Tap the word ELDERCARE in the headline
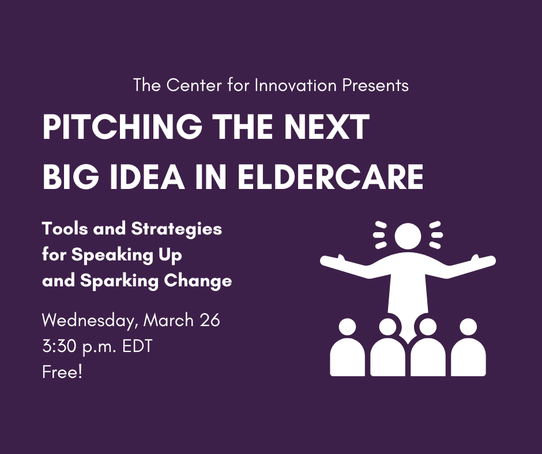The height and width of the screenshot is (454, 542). [331, 176]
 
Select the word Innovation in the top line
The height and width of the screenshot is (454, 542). [295, 85]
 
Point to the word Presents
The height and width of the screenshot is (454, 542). [375, 85]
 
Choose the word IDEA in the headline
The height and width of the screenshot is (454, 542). [147, 176]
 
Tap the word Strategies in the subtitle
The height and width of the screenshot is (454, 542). [176, 229]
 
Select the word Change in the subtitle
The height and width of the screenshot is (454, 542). [198, 281]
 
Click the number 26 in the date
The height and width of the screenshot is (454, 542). [209, 320]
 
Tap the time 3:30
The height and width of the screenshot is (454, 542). [59, 346]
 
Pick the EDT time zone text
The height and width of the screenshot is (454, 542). [137, 346]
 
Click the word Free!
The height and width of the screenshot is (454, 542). [62, 372]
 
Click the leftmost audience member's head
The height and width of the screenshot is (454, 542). [347, 327]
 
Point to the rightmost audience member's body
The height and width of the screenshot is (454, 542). [468, 357]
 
